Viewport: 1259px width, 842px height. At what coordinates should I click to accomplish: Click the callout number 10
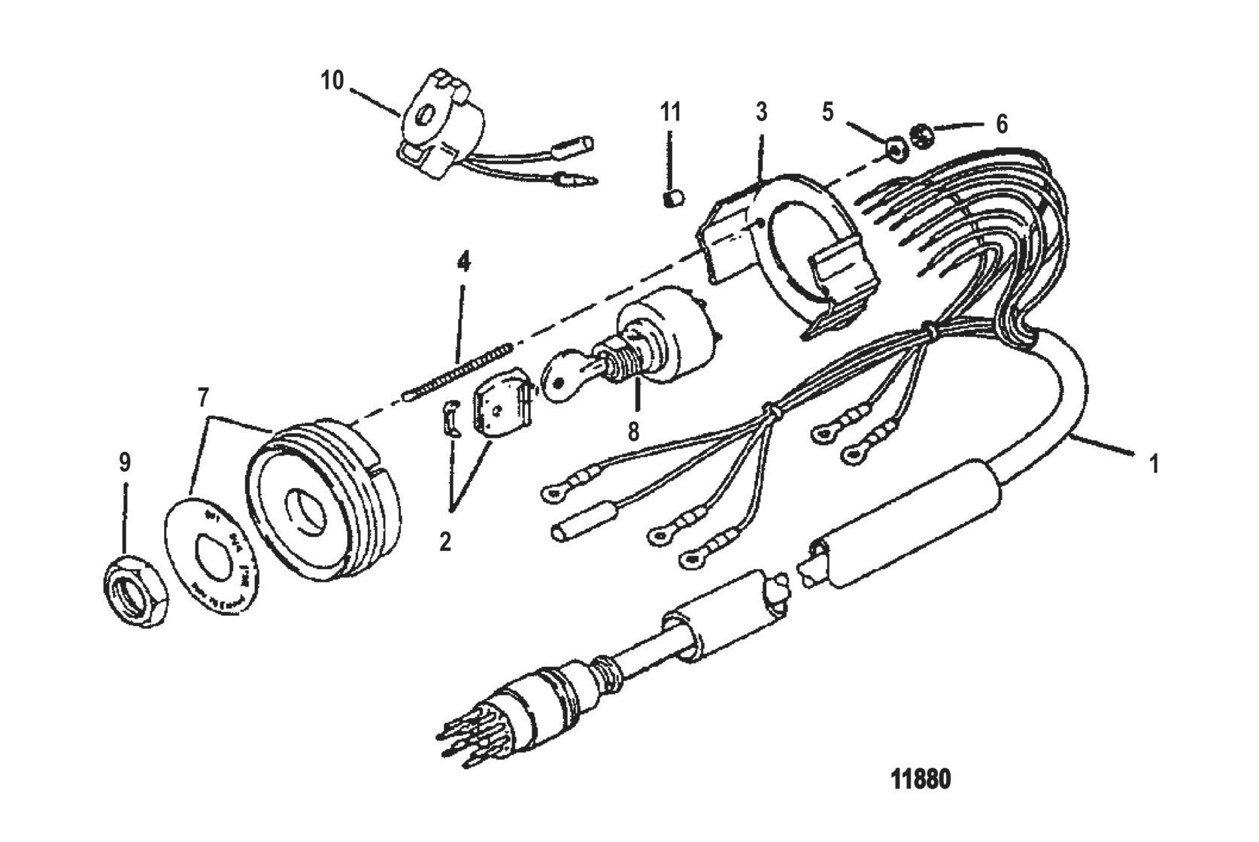[x=332, y=80]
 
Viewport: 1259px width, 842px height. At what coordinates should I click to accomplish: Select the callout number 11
[x=670, y=113]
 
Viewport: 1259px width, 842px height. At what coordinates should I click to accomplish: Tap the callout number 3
[x=761, y=113]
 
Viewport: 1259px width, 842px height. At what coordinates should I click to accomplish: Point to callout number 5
[x=827, y=112]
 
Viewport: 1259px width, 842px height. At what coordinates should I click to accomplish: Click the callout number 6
[x=1001, y=124]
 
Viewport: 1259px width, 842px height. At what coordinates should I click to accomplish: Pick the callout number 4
[x=463, y=262]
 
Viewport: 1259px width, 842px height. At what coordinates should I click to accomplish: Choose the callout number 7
[x=203, y=398]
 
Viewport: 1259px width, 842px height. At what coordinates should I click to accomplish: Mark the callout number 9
[x=125, y=462]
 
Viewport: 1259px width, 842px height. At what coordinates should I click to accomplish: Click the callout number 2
[x=445, y=541]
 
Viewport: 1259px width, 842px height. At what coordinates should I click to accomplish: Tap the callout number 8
[x=634, y=432]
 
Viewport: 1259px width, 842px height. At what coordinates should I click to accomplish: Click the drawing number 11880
[x=920, y=780]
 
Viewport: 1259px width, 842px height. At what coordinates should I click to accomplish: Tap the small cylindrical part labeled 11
[x=673, y=198]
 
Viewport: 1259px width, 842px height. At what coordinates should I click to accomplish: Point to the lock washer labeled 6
[x=923, y=137]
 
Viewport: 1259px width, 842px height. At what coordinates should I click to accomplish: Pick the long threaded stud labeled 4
[x=459, y=369]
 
